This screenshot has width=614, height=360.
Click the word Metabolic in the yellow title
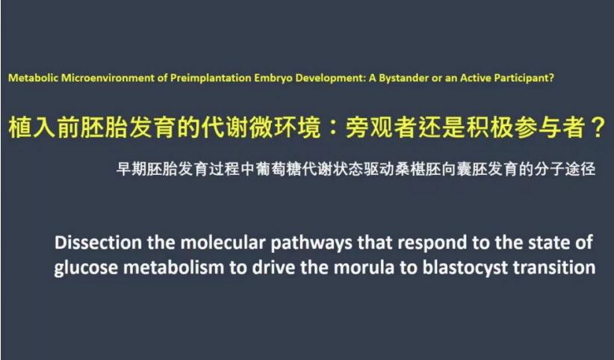(x=34, y=78)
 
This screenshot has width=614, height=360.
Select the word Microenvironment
(x=108, y=78)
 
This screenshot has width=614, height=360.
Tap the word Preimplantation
(x=211, y=78)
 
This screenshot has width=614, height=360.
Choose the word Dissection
(x=99, y=243)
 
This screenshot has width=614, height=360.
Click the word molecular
(x=223, y=243)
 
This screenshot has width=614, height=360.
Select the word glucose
(x=86, y=268)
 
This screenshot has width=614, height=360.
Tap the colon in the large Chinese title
(x=333, y=128)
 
